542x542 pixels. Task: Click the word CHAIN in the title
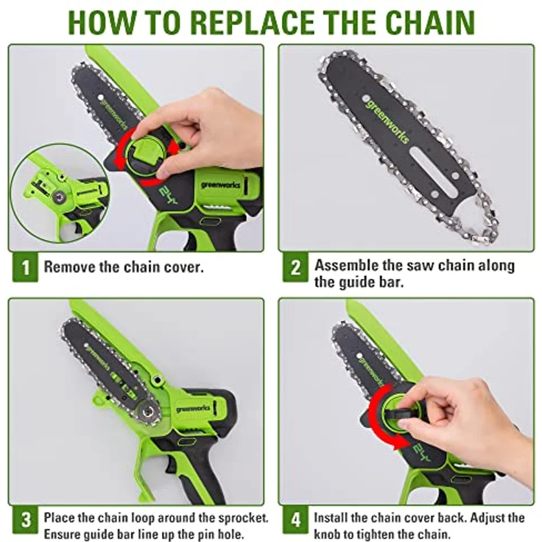(x=430, y=22)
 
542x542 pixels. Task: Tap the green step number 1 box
(x=25, y=267)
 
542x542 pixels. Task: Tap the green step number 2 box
(x=295, y=267)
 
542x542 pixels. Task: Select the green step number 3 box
(x=25, y=519)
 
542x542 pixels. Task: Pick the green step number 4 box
(x=295, y=519)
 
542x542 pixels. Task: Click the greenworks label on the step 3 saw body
(x=193, y=409)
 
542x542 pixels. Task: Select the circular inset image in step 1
(x=60, y=193)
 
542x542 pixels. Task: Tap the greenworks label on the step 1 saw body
(x=220, y=185)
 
